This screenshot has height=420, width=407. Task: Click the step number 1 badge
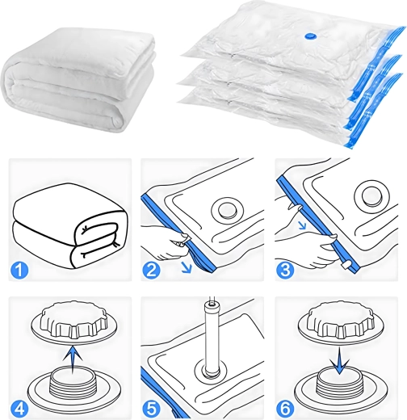click(x=19, y=270)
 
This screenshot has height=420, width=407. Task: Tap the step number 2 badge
click(x=151, y=270)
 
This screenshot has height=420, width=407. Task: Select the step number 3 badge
click(x=285, y=270)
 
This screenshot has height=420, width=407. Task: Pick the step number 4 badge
click(x=19, y=408)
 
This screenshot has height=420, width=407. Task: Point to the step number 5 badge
click(x=151, y=408)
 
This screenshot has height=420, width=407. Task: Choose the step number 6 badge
click(x=285, y=408)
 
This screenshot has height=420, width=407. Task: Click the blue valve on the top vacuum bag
click(x=311, y=36)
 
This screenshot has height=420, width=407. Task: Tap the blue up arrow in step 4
click(x=73, y=359)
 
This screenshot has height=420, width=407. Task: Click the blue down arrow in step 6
click(x=339, y=360)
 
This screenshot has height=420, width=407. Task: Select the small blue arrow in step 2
click(x=187, y=267)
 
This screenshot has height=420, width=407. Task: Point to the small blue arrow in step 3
click(x=304, y=225)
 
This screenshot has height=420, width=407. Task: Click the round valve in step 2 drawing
click(x=226, y=209)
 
